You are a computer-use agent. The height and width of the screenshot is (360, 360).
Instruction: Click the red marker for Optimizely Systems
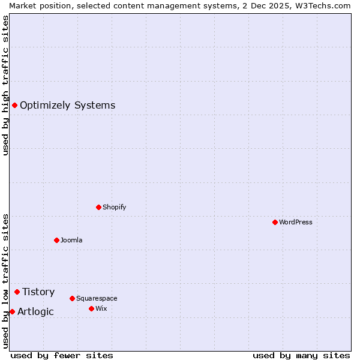click(14, 106)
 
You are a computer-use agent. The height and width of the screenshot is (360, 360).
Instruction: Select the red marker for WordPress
click(275, 222)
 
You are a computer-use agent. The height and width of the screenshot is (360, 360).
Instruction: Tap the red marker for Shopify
click(98, 207)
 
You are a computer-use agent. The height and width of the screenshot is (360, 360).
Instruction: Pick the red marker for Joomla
click(56, 240)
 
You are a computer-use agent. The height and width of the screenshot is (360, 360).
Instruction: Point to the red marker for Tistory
click(17, 292)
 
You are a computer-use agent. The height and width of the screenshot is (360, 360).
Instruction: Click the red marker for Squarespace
click(72, 298)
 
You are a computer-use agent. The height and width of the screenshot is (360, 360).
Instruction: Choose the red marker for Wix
click(91, 308)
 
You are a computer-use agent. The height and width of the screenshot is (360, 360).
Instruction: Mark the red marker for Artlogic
click(12, 311)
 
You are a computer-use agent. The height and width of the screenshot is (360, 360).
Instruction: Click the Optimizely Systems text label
click(67, 106)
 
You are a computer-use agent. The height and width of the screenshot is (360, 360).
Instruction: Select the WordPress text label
click(296, 222)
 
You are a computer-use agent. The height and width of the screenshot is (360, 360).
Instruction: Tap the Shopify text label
click(114, 207)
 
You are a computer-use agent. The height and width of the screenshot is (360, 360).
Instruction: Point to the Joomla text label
click(71, 240)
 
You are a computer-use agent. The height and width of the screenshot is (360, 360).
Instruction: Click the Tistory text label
click(38, 292)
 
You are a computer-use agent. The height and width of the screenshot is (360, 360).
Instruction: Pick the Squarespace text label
click(97, 298)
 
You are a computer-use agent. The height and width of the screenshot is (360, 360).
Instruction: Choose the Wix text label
click(101, 308)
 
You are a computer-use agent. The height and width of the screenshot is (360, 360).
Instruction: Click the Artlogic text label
click(35, 311)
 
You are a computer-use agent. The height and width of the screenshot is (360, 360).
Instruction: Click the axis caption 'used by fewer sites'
click(62, 355)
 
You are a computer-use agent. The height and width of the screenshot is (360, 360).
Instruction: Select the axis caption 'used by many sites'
click(301, 355)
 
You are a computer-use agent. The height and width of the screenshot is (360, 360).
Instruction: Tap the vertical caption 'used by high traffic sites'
click(5, 85)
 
